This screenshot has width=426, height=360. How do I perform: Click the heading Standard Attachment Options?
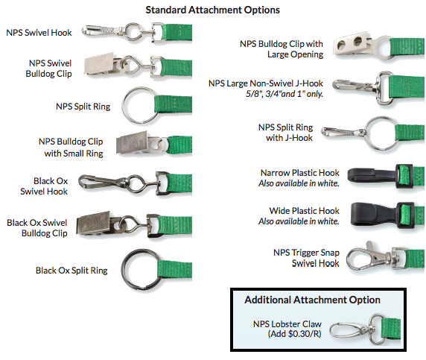pos(212,10)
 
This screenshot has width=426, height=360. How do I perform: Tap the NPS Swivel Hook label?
pos(39,33)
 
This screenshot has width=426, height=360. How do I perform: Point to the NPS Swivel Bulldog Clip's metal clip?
pos(100,64)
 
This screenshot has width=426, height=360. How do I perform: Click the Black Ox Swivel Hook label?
pos(44,186)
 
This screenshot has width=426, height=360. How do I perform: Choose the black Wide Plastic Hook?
pos(375,214)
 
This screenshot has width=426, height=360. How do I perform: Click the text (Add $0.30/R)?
pos(294,334)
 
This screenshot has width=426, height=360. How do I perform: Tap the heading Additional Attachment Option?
pos(312,300)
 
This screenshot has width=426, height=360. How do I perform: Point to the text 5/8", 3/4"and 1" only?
pos(284,94)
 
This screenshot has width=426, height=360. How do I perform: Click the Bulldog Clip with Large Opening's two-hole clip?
pos(352,43)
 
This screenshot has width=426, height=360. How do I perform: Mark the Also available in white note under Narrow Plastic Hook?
pos(299,183)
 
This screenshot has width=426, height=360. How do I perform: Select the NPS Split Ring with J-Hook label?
pos(285,133)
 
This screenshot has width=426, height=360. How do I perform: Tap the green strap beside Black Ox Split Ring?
pos(174,270)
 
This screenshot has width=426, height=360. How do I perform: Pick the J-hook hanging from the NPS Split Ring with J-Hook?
pos(343,133)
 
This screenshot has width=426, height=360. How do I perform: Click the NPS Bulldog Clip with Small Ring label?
pos(71,148)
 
